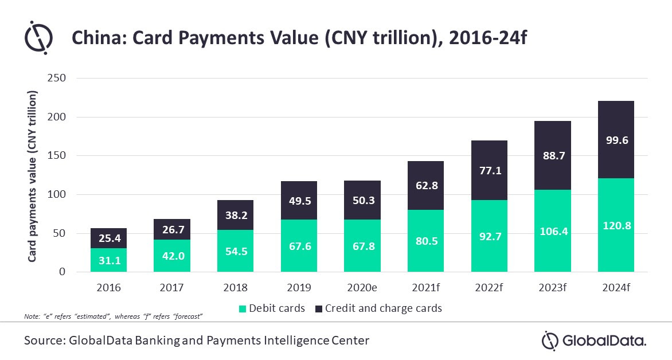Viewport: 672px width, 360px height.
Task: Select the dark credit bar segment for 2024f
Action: pyautogui.click(x=616, y=140)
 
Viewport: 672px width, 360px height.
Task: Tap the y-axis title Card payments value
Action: pyautogui.click(x=33, y=175)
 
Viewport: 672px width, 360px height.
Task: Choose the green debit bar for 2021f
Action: pyautogui.click(x=425, y=241)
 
